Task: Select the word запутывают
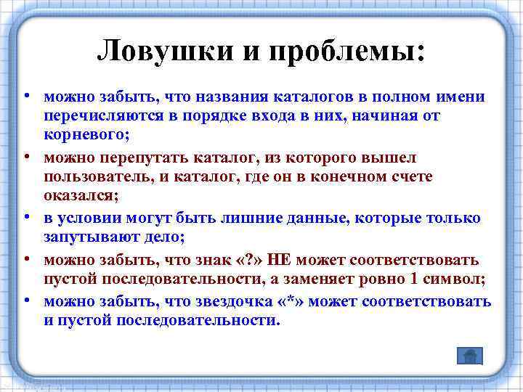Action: (x=89, y=239)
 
